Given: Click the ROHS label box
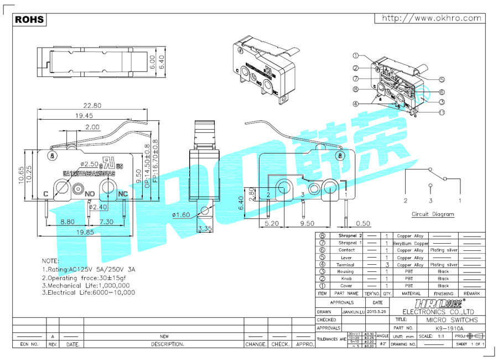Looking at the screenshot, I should coord(29,19).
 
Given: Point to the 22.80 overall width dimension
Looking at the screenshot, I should coord(92,105).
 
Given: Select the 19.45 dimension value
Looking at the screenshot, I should coord(84,116).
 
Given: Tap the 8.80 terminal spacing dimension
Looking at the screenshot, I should coord(68,221).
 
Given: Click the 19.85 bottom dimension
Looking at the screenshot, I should coord(84,232).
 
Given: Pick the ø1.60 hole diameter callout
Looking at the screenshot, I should coord(181,215).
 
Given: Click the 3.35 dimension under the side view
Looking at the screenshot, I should coord(205,228).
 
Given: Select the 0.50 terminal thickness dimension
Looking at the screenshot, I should coord(364,224).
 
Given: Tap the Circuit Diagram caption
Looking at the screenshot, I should coord(433,214).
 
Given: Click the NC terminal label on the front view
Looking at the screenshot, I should coord(123,194).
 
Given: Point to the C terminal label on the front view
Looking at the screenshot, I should coord(46,194).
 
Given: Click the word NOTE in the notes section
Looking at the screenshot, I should coord(51,260).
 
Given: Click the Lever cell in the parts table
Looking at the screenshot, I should coord(346,258).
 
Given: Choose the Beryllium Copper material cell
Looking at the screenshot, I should coord(411,243).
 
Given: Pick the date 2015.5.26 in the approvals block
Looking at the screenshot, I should coord(377,312).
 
